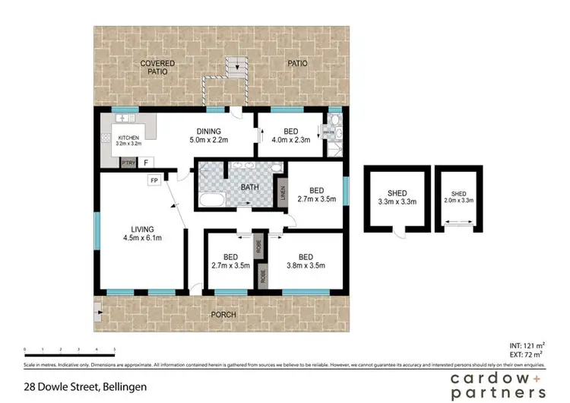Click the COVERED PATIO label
click(x=157, y=68)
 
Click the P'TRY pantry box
click(x=126, y=162)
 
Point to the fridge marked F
click(x=146, y=162)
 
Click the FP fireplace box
click(x=154, y=181)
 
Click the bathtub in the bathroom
click(x=211, y=201)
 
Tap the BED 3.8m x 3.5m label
click(x=306, y=261)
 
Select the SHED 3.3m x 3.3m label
click(x=397, y=197)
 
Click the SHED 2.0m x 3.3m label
click(x=458, y=197)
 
